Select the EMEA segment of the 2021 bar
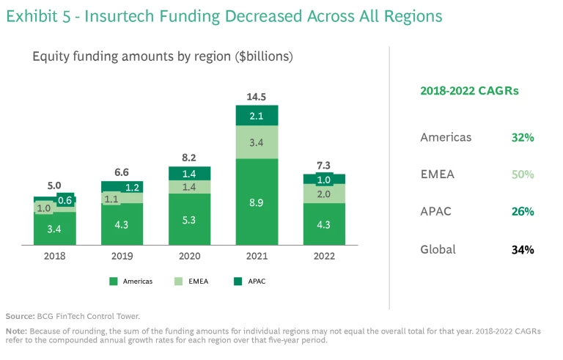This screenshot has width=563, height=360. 257,143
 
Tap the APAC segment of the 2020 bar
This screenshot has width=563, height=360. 189,173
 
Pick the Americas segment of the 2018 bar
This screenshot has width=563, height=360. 54,228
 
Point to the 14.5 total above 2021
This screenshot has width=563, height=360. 257,97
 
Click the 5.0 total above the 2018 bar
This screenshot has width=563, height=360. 54,186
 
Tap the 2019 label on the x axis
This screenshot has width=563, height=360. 122,257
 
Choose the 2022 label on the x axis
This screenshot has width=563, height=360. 324,257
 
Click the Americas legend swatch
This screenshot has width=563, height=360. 114,281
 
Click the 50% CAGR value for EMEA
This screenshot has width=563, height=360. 522,175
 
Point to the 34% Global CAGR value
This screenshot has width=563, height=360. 522,249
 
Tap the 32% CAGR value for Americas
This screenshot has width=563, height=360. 522,137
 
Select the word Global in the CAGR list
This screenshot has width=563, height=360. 438,249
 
